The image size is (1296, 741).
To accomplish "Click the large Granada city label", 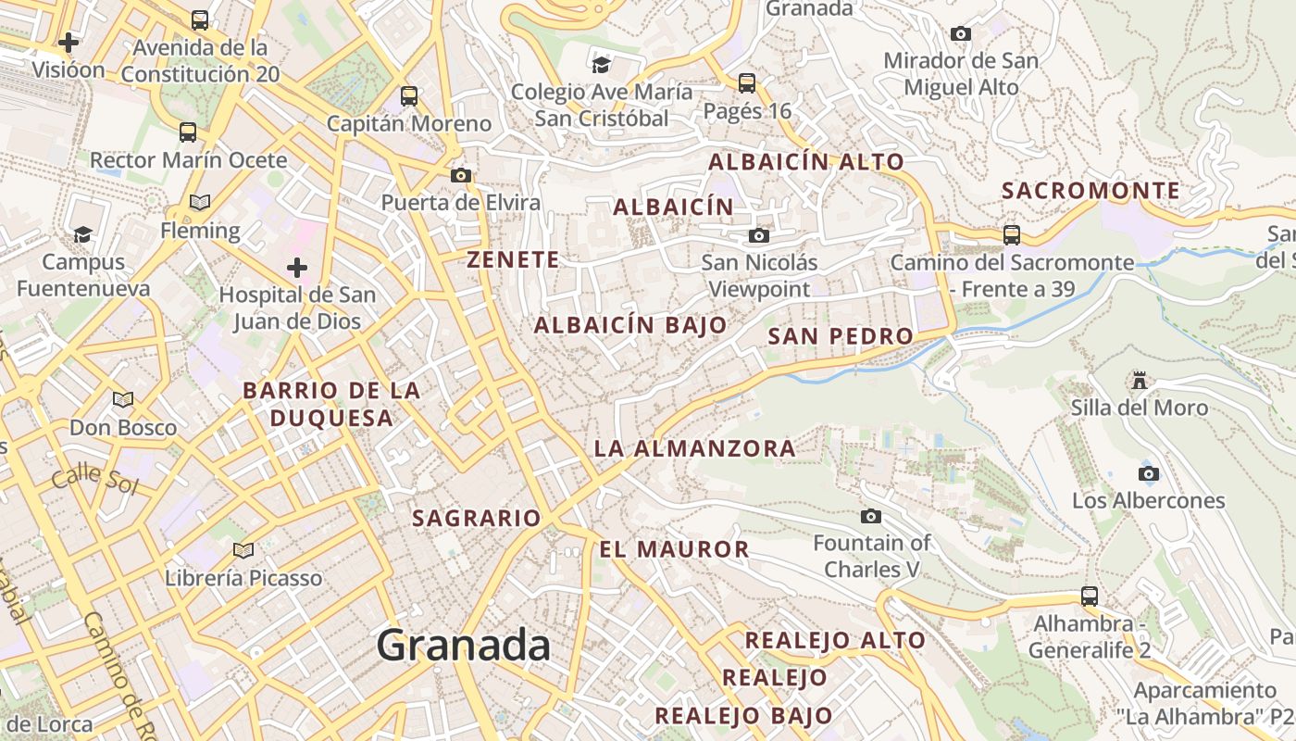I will (x=463, y=645).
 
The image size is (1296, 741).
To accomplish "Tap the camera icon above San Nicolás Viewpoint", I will (x=758, y=236).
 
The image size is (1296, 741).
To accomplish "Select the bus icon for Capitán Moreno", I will (x=409, y=95).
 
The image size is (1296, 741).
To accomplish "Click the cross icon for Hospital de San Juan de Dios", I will (x=296, y=269).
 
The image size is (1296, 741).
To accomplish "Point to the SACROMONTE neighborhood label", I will (x=1091, y=191).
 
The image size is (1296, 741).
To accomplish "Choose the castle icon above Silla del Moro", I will (x=1139, y=380).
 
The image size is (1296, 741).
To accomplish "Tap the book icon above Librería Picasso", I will (x=243, y=550).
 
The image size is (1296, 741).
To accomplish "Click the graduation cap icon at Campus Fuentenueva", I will (x=83, y=234).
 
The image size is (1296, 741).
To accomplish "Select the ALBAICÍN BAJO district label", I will (x=630, y=325).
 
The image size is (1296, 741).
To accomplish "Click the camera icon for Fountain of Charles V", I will (x=870, y=516).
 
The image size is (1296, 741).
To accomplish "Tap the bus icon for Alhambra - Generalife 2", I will (x=1090, y=596).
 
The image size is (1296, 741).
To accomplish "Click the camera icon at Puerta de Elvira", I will (x=460, y=175).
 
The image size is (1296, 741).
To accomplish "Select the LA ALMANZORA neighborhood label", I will (x=694, y=448).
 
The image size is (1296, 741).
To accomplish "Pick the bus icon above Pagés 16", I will (x=747, y=83).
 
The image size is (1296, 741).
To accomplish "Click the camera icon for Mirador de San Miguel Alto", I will (x=961, y=34).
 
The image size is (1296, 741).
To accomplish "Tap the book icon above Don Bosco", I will (x=122, y=400).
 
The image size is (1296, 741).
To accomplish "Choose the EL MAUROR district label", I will (x=674, y=549).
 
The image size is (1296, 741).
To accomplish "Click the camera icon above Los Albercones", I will (x=1148, y=473).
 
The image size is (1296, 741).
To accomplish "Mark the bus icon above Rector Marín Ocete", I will (x=188, y=132).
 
